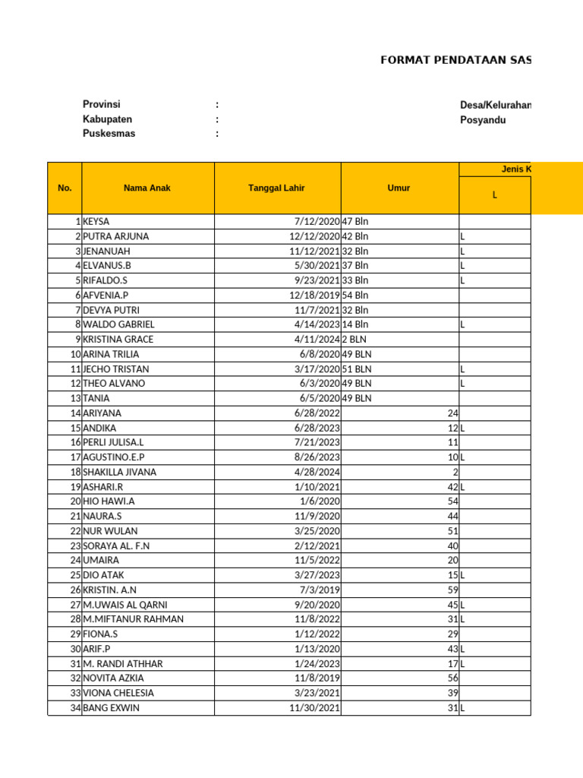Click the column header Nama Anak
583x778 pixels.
point(147,188)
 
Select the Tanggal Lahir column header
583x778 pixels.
point(277,188)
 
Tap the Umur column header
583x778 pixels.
point(399,188)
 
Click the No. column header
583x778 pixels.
point(65,188)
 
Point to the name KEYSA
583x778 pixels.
point(96,222)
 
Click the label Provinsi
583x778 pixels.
point(102,105)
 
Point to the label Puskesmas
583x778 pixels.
point(109,134)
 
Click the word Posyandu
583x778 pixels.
point(483,120)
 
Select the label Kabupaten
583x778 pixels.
point(107,119)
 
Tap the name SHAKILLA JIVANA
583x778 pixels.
point(120,472)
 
